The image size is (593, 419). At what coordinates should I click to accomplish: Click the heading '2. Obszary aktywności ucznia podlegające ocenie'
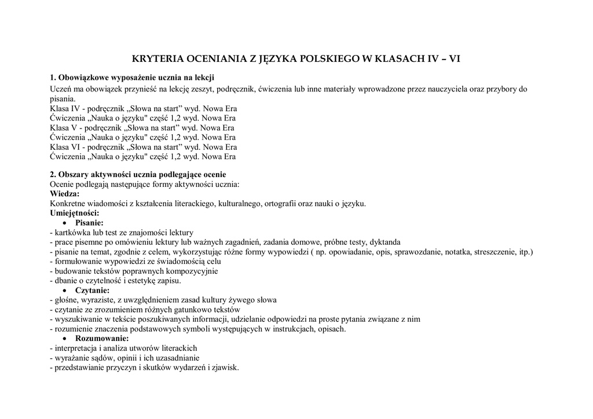click(x=138, y=174)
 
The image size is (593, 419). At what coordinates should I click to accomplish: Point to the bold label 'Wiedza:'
click(x=65, y=193)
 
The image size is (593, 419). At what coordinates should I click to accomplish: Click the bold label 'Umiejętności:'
click(x=75, y=213)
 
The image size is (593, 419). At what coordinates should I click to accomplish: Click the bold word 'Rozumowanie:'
click(x=102, y=339)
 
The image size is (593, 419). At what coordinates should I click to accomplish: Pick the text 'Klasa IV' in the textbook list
click(x=65, y=108)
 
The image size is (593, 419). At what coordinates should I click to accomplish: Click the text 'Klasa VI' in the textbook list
click(x=65, y=147)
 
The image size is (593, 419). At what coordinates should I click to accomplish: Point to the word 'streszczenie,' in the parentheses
click(x=495, y=252)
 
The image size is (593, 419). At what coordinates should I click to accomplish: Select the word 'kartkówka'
click(x=72, y=232)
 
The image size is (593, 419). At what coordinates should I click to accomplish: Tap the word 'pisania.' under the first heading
click(x=63, y=99)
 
